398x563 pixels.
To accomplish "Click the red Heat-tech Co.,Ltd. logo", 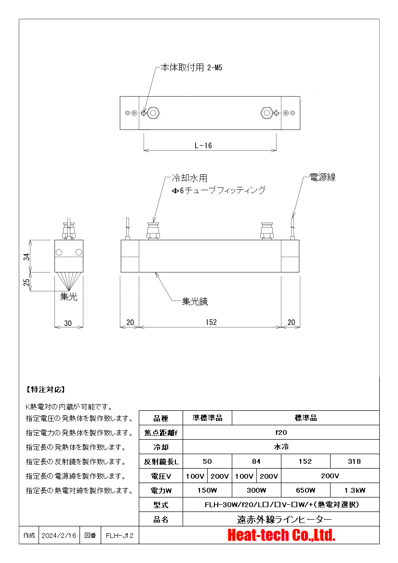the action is [x=281, y=535].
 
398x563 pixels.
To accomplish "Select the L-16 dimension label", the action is [x=203, y=145].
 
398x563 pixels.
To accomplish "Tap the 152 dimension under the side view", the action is [x=211, y=322].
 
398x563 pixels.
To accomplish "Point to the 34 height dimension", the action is [x=27, y=257].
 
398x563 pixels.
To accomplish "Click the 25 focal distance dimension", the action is [x=27, y=282].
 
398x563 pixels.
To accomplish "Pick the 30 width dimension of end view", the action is [x=68, y=323].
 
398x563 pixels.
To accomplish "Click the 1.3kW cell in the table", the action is [x=355, y=490].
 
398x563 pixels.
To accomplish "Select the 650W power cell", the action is [x=305, y=490].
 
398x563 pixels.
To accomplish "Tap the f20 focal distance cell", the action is [x=281, y=432].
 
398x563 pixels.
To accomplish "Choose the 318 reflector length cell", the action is [x=354, y=461].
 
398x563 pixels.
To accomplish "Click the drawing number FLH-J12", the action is [x=119, y=536].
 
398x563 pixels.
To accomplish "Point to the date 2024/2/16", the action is [x=59, y=536].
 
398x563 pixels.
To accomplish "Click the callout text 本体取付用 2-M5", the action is [x=191, y=67].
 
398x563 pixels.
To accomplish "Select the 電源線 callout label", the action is [x=322, y=177].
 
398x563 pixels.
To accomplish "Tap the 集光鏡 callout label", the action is [x=195, y=301].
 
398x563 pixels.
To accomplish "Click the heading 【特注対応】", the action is [x=46, y=390].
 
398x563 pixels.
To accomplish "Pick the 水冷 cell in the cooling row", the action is [x=281, y=446].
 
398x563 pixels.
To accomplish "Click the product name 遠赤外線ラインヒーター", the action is [x=284, y=519].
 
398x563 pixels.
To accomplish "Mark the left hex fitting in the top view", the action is [x=153, y=113].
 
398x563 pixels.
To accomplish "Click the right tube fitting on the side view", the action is [x=266, y=231].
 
